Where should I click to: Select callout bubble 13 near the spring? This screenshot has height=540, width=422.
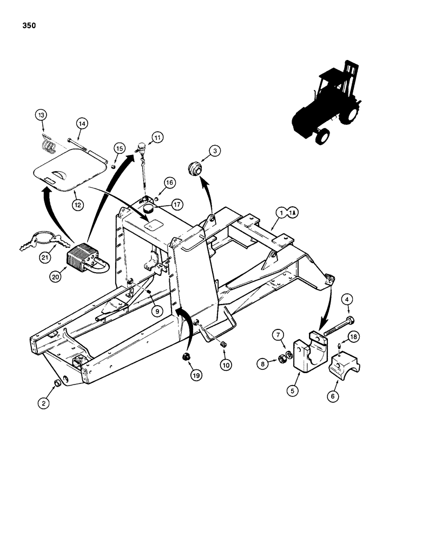[42, 114]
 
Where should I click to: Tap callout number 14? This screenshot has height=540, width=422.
[81, 124]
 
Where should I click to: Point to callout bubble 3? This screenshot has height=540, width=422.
[215, 152]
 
